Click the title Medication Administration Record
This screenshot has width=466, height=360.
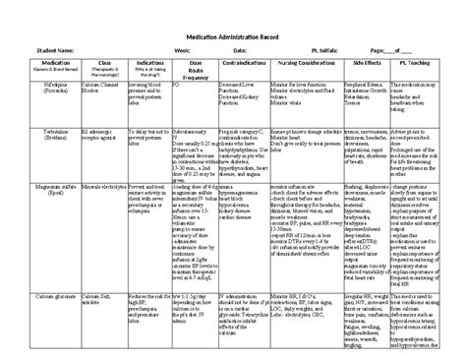pos(234,32)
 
